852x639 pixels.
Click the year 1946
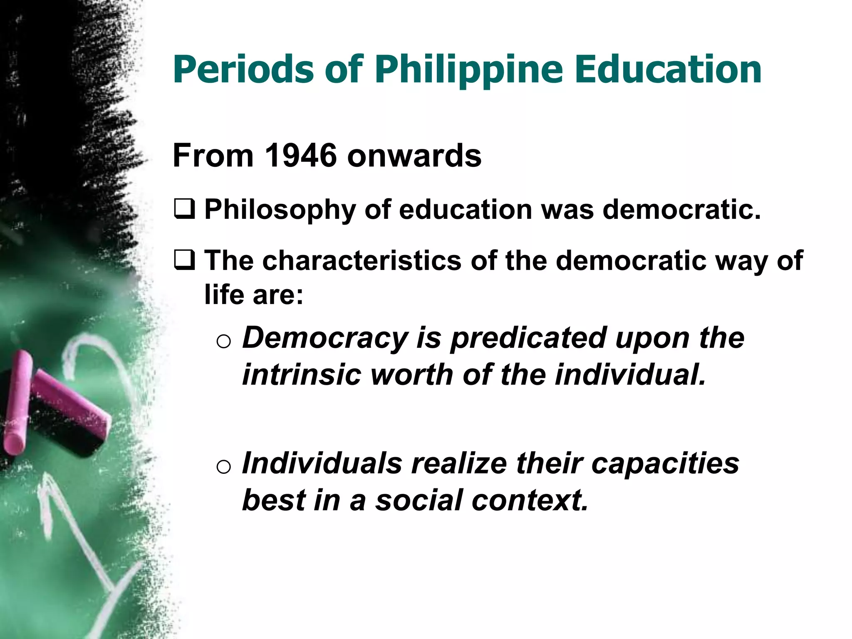pos(300,156)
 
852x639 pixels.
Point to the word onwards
pos(414,156)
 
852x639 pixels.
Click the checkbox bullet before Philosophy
pos(184,209)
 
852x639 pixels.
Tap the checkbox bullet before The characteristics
pos(184,260)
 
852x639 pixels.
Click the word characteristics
pos(362,261)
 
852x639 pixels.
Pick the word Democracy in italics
pos(325,338)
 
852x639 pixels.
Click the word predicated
pos(528,338)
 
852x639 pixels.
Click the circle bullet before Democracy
pos(223,341)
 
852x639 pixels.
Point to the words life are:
pos(254,295)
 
